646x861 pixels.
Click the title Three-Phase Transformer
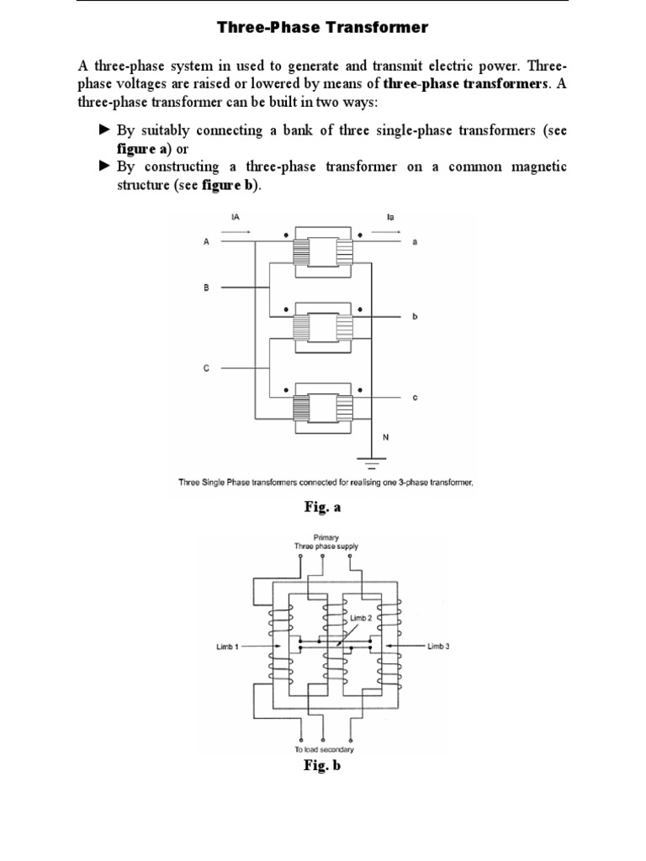tap(324, 28)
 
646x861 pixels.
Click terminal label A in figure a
tap(205, 242)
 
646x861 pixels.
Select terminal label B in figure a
tap(205, 288)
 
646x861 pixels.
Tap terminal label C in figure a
tap(205, 367)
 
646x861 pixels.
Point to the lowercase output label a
tap(415, 242)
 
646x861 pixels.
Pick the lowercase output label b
tap(415, 319)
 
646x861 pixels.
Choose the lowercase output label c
tap(415, 397)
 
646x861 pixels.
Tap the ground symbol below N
tap(371, 460)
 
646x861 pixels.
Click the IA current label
tap(235, 216)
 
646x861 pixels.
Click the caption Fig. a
tap(323, 508)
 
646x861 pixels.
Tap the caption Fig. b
tap(323, 766)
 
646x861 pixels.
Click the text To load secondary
tap(324, 749)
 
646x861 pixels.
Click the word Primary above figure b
tap(325, 536)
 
